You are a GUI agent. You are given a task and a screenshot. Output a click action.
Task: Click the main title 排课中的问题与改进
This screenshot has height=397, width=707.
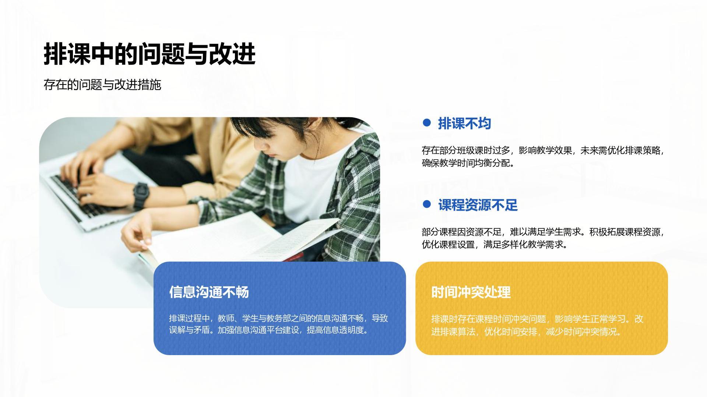pos(150,54)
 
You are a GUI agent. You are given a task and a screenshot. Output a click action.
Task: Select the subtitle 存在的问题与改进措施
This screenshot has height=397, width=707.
pos(102,85)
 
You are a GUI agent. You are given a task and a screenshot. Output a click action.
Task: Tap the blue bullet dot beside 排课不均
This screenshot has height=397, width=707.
pos(427,123)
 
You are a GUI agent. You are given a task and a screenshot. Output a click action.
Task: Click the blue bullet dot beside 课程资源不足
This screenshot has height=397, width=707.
pos(427,204)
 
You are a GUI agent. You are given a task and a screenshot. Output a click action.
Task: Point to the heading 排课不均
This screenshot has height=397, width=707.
pos(464,124)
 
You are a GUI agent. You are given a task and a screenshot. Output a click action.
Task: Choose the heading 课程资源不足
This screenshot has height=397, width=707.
pos(478,205)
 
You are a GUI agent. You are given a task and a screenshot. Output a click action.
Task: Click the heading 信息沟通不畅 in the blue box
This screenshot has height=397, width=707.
pos(209,292)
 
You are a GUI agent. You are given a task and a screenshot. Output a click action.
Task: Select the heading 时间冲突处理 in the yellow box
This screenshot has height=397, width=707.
pos(471,292)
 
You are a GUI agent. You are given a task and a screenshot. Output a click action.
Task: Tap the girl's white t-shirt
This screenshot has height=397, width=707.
pos(313,184)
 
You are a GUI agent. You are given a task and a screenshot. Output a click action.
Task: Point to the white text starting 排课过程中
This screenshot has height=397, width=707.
pos(278,324)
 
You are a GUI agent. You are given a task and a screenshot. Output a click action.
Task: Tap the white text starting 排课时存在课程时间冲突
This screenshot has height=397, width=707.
pos(537,325)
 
